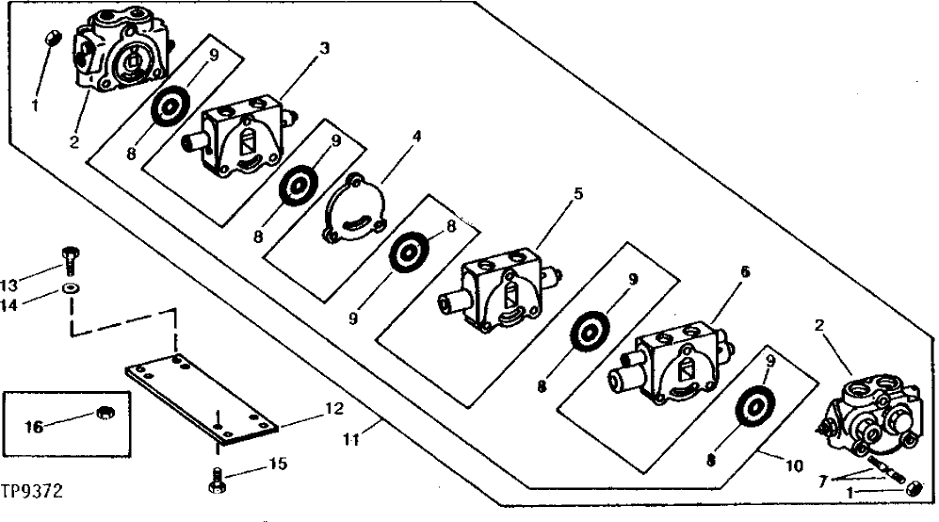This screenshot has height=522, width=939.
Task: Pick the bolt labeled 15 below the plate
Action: pyautogui.click(x=215, y=478)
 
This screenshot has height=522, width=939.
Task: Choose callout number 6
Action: pyautogui.click(x=745, y=270)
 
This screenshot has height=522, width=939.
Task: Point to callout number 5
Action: pyautogui.click(x=578, y=194)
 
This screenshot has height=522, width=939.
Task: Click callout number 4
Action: pyautogui.click(x=415, y=136)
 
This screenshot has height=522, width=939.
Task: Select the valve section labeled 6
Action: pyautogui.click(x=672, y=365)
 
